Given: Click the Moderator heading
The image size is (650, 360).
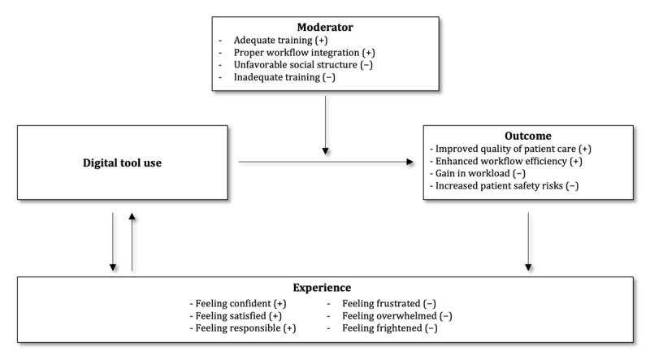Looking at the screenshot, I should [x=325, y=26].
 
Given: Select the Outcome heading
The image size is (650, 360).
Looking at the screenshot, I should [x=528, y=137].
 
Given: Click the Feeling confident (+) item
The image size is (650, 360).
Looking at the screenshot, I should [x=235, y=301].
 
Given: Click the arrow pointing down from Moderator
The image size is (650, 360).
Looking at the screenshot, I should [x=325, y=123].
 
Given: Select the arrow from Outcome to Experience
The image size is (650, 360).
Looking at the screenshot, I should [x=529, y=241].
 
